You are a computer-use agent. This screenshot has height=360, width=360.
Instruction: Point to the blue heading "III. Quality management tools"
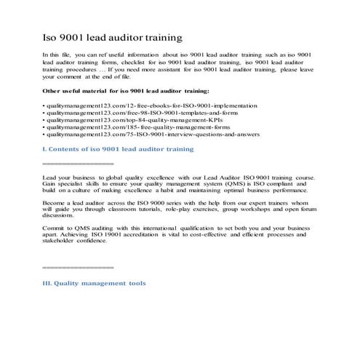(95, 283)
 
